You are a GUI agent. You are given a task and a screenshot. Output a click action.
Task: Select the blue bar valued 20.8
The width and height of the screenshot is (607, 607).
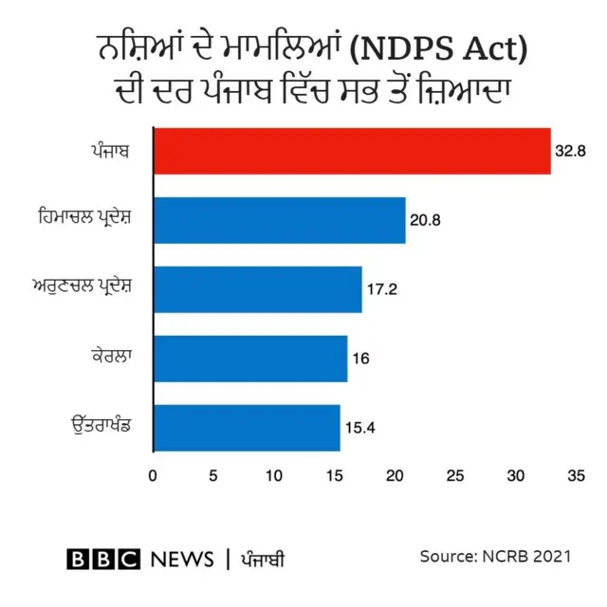279,220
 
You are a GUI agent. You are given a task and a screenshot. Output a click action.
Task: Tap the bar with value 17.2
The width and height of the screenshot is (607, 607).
257,289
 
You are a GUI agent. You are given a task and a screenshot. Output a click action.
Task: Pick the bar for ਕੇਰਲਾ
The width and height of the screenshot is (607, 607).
249,359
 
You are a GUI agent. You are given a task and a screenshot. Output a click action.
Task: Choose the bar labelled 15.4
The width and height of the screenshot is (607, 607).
246,428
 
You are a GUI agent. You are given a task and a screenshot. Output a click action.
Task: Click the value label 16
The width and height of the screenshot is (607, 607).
360,359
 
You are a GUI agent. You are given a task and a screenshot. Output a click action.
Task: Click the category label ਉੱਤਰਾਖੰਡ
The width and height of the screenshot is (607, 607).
99,428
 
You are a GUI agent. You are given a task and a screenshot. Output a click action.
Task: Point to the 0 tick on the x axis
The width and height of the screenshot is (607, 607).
153,474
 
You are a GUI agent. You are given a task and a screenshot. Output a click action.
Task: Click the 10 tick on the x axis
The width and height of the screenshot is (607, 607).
274,474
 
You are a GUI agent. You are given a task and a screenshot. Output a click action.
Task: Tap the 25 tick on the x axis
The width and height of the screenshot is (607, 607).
456,474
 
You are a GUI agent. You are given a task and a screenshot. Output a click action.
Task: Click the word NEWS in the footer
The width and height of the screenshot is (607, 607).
180,559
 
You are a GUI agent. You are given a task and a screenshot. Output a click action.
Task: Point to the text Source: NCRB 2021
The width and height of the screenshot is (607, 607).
495,557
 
